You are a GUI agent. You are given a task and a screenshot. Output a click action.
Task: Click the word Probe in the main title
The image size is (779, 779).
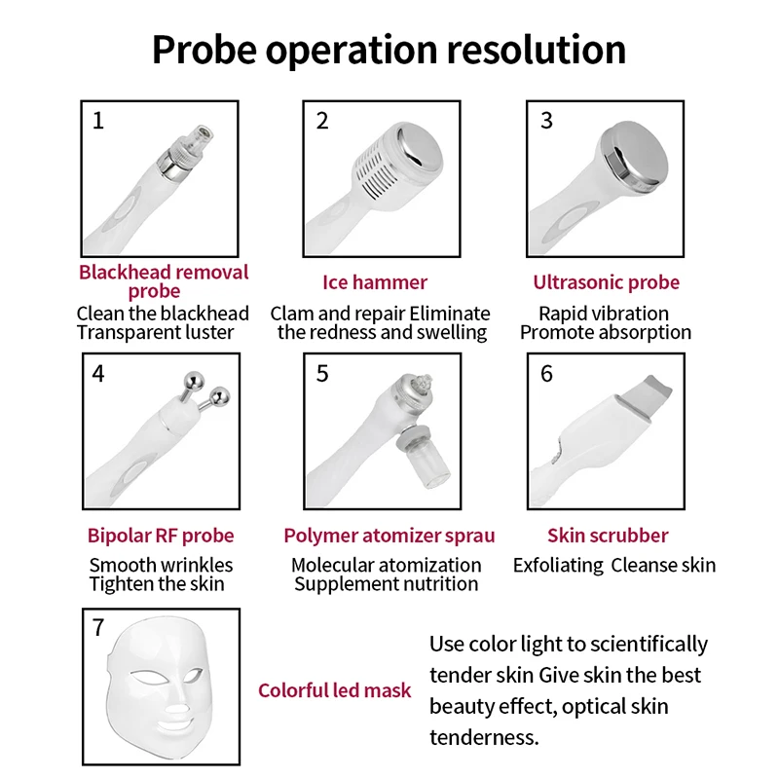coord(204,49)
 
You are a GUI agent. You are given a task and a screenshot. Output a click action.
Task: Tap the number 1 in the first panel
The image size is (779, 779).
coord(97,121)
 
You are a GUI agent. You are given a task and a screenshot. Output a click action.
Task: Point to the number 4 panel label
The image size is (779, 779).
coord(97,374)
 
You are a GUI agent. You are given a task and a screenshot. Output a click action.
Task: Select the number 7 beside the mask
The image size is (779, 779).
coord(97,628)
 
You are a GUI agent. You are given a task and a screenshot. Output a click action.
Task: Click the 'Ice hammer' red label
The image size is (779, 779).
coord(375,282)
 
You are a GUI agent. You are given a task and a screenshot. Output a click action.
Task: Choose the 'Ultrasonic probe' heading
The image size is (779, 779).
coord(606,282)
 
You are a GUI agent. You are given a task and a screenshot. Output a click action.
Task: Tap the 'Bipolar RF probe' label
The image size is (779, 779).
coord(161,536)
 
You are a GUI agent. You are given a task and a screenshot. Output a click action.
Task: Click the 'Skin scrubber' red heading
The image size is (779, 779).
coord(608,536)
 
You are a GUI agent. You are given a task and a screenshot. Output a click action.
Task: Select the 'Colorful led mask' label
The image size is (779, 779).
coord(334,690)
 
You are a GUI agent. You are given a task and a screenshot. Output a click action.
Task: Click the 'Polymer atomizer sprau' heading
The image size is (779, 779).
coord(389,536)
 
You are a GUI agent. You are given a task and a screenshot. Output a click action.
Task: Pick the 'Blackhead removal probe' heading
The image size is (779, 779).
coord(163,280)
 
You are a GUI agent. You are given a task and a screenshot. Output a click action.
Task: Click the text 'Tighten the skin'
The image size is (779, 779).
coord(157,584)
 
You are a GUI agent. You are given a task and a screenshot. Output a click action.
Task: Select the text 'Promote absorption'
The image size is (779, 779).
coord(606,332)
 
